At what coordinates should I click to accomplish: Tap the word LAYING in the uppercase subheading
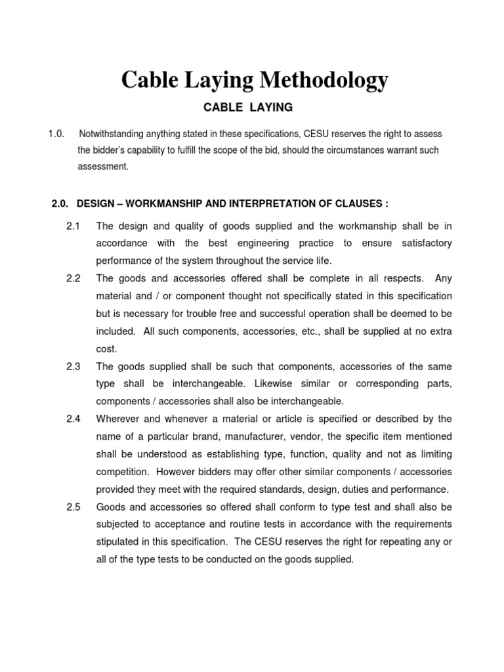point(269,107)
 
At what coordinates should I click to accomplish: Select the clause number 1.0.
point(56,134)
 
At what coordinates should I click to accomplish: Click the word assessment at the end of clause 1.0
point(103,167)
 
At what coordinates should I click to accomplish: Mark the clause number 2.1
point(73,226)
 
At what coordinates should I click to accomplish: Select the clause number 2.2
point(73,278)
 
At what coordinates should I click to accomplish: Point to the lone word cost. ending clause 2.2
point(106,349)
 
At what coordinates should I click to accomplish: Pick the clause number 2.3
point(73,366)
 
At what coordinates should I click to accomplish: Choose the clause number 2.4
point(73,419)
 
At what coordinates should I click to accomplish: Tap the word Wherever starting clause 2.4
point(119,419)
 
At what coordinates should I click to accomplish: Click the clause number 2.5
point(73,507)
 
